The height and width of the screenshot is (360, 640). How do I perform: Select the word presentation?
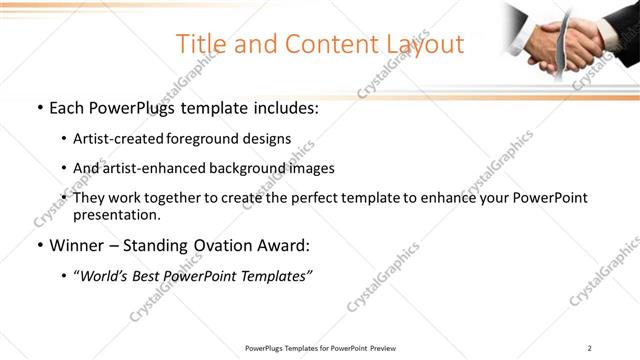click(115, 214)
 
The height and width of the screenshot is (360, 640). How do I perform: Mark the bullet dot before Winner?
click(38, 246)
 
